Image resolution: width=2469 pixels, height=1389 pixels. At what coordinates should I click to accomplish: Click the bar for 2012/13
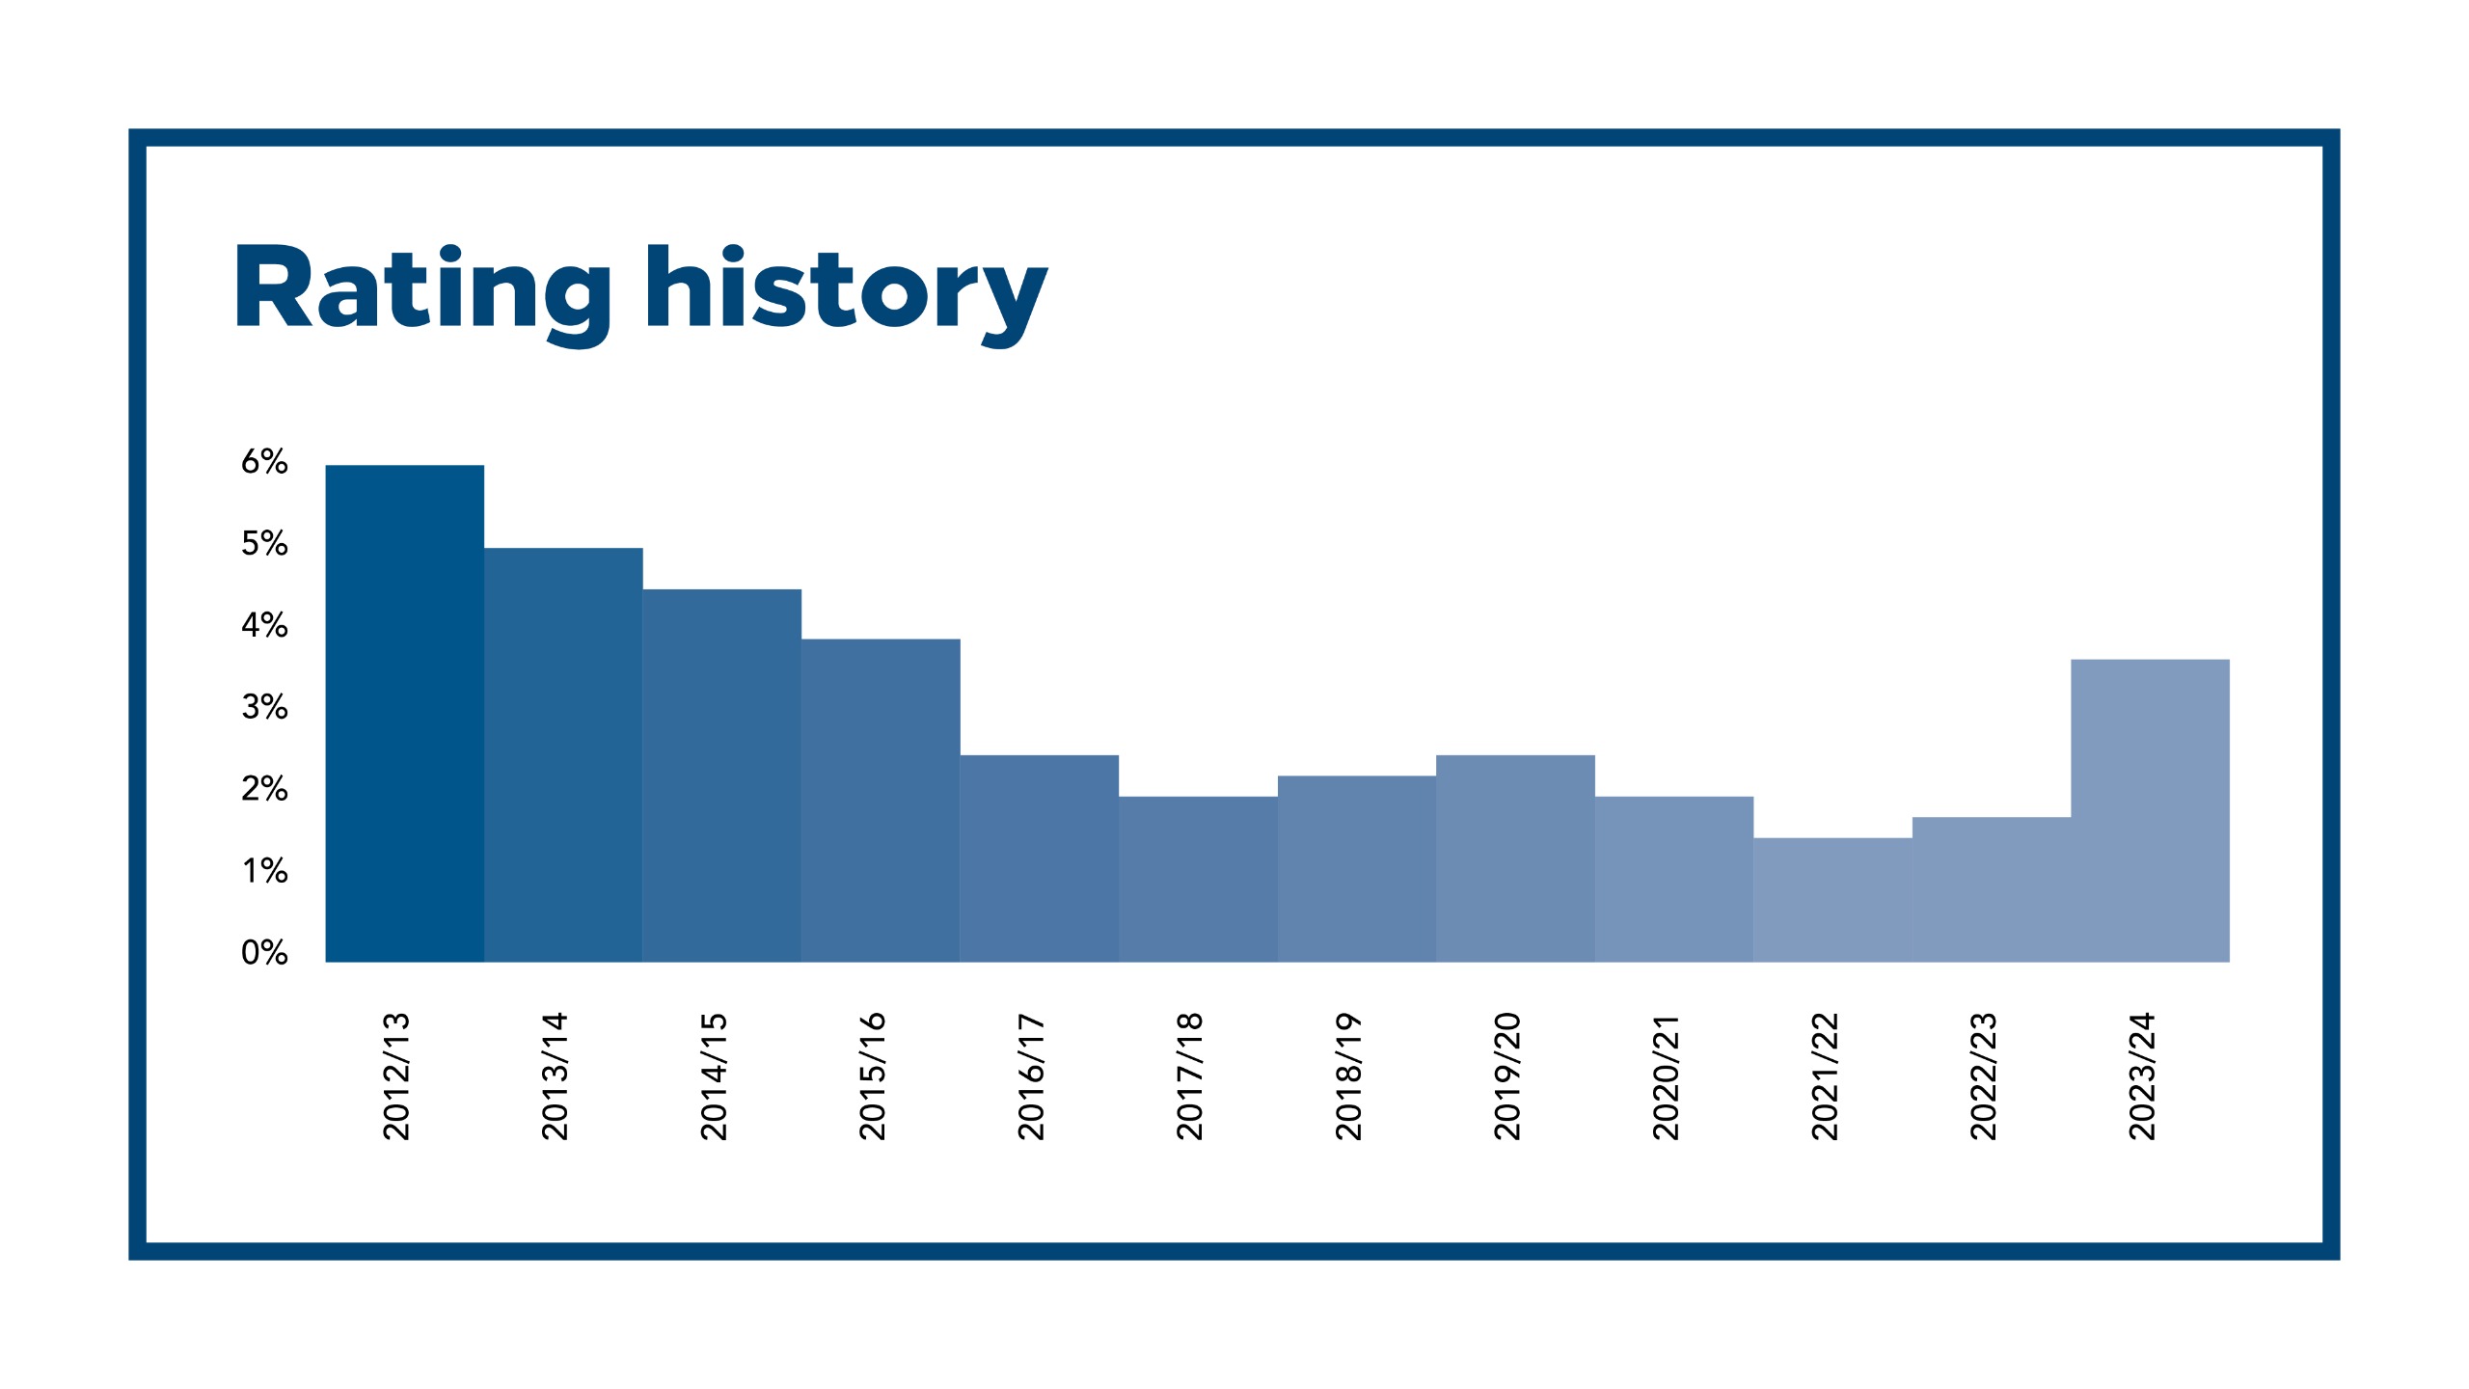pyautogui.click(x=405, y=714)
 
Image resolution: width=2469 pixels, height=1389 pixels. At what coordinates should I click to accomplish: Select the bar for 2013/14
pyautogui.click(x=563, y=755)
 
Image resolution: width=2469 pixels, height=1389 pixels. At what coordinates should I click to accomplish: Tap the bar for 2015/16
pyautogui.click(x=881, y=801)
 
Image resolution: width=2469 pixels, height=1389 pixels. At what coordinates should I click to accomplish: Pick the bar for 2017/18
pyautogui.click(x=1198, y=879)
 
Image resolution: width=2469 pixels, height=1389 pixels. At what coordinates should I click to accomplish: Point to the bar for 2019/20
pyautogui.click(x=1515, y=858)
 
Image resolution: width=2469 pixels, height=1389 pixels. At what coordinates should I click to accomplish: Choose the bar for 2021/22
pyautogui.click(x=1832, y=900)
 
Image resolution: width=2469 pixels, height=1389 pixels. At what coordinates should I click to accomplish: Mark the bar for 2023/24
pyautogui.click(x=2150, y=810)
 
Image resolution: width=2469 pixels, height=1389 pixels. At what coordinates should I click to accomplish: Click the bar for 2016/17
pyautogui.click(x=1040, y=858)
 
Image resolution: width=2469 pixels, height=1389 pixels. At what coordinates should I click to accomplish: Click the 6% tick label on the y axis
pyautogui.click(x=264, y=462)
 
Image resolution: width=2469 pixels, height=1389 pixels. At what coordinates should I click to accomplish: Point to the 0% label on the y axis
pyautogui.click(x=264, y=953)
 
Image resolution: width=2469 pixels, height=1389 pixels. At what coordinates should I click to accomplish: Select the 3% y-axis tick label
pyautogui.click(x=264, y=707)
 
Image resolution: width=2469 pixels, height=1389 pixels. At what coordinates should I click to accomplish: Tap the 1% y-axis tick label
pyautogui.click(x=264, y=871)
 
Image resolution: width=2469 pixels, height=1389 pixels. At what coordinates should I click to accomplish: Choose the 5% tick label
pyautogui.click(x=264, y=544)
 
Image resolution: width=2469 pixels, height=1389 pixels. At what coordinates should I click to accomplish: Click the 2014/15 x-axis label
pyautogui.click(x=714, y=1076)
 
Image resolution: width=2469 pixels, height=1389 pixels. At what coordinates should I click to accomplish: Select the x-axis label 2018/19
pyautogui.click(x=1348, y=1076)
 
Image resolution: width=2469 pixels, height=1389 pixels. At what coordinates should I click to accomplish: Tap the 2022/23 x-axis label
pyautogui.click(x=1983, y=1076)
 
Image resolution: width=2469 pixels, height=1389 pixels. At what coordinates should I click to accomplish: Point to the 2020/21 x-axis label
pyautogui.click(x=1666, y=1076)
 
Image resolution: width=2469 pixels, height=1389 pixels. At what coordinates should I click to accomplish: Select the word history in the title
pyautogui.click(x=847, y=293)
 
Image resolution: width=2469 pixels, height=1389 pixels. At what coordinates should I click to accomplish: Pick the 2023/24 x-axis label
pyautogui.click(x=2141, y=1076)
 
